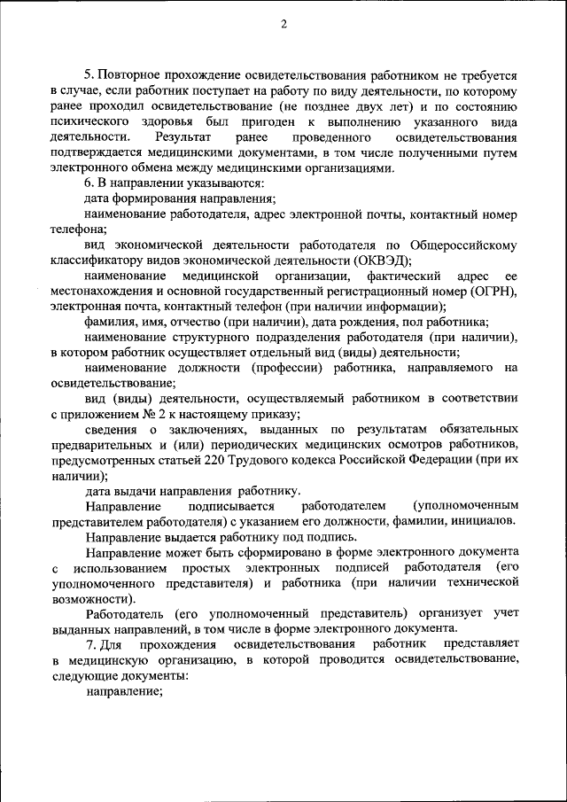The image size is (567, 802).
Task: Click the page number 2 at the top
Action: (283, 24)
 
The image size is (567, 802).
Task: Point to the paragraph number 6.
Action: (89, 183)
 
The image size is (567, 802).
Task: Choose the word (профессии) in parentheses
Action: (284, 367)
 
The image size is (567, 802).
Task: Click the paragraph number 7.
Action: (89, 642)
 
